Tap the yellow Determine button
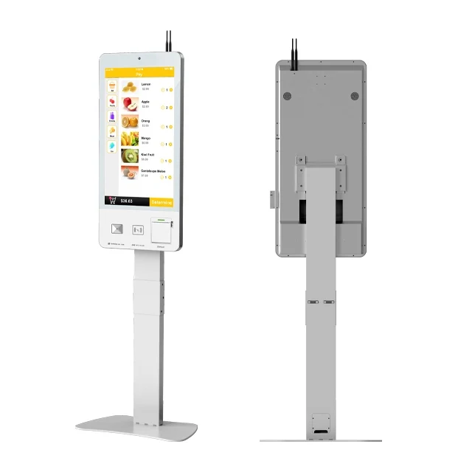point(161,201)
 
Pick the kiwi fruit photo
point(129,157)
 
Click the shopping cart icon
point(112,201)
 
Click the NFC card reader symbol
point(137,229)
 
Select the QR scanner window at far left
point(116,229)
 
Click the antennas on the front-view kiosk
point(169,41)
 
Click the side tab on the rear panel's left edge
point(272,199)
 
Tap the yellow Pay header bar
point(139,74)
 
